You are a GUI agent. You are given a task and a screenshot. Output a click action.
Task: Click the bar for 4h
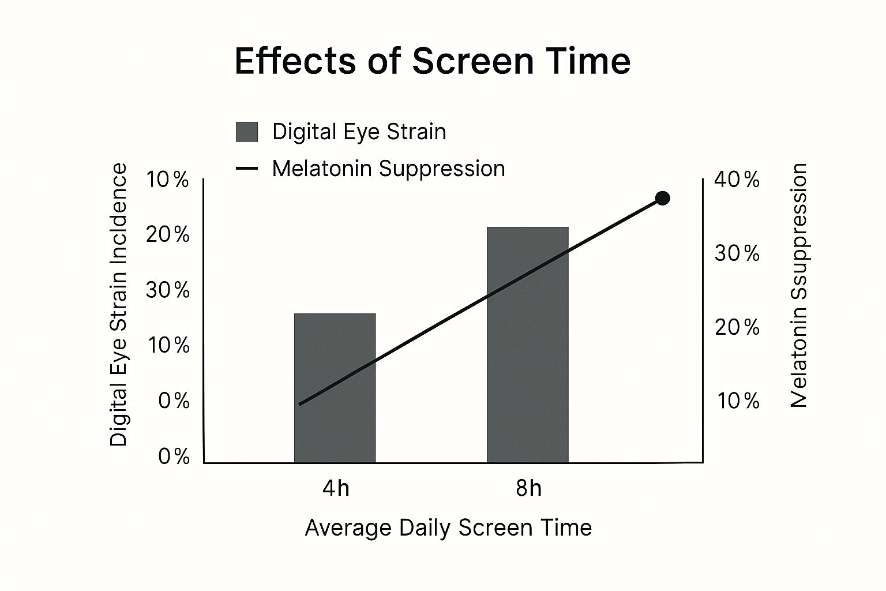click(x=335, y=388)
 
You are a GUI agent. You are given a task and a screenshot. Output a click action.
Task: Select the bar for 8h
click(x=527, y=345)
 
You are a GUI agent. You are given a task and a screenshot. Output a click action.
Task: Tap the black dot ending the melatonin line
click(x=663, y=199)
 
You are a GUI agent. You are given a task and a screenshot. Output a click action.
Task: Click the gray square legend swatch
click(x=247, y=132)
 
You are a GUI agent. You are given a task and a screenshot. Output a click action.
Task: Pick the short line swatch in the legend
click(x=247, y=169)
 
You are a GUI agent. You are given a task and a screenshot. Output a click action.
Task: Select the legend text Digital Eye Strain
click(x=359, y=132)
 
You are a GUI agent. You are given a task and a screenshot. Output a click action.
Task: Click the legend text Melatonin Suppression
click(x=388, y=169)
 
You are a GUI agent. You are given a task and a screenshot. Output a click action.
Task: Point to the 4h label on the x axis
click(x=336, y=489)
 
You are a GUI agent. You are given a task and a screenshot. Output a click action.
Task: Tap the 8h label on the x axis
click(x=528, y=489)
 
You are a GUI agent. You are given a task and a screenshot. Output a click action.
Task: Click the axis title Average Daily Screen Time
click(x=448, y=528)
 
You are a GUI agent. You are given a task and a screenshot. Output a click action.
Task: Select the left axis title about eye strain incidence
click(x=118, y=305)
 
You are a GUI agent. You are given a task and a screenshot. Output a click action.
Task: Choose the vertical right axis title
click(x=798, y=286)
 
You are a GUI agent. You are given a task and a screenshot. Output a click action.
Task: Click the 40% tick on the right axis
click(x=737, y=180)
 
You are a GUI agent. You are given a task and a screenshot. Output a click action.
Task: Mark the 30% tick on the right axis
click(x=737, y=253)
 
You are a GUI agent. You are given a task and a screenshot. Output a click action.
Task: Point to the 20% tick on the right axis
click(x=737, y=327)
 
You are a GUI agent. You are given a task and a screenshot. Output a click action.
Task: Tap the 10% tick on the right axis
click(x=738, y=401)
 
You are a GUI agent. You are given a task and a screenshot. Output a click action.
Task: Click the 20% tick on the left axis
click(x=167, y=235)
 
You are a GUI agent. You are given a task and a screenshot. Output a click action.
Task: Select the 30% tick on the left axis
click(x=167, y=290)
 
